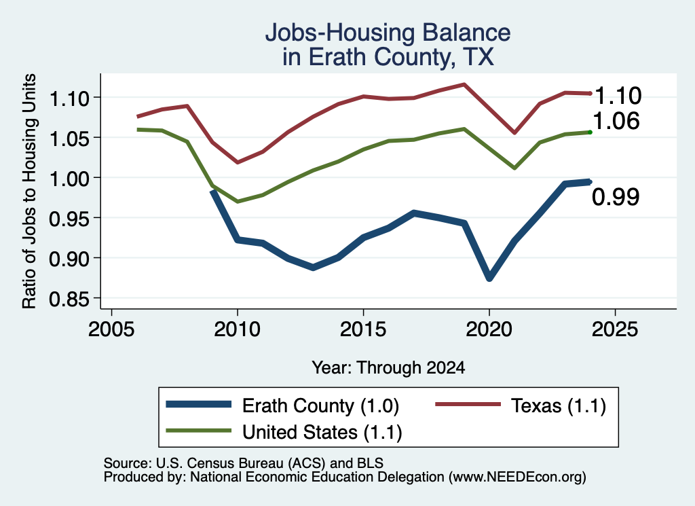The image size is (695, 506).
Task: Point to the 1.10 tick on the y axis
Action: pos(69,98)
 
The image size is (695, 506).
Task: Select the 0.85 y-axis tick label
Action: pos(69,300)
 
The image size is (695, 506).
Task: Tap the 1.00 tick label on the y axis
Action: pos(69,179)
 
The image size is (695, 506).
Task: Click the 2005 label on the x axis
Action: pos(112,329)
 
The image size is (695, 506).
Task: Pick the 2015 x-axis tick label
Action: pos(364,329)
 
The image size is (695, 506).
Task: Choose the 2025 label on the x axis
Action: pos(615,329)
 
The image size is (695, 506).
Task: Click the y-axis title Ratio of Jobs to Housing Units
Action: pos(29,191)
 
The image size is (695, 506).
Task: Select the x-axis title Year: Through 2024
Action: pos(388,367)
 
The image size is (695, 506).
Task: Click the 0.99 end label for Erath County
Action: pos(616,197)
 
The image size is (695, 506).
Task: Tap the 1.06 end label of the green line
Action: pos(616,121)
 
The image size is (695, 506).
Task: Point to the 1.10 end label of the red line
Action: pos(618,96)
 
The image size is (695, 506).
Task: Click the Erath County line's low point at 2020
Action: pos(489,278)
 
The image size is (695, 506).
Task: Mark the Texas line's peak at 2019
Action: pos(464,84)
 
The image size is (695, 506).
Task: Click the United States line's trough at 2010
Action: pos(238,201)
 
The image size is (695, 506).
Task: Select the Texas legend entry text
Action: pos(559,405)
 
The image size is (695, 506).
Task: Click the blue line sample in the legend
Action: pos(199,404)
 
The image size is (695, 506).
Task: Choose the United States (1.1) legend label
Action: pos(322,432)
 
